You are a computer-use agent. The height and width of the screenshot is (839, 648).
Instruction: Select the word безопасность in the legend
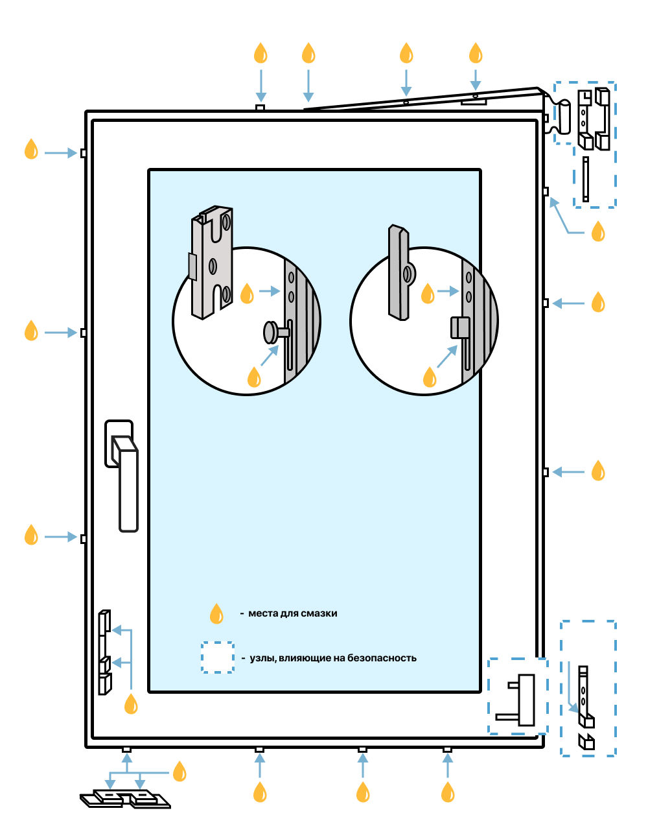click(x=382, y=658)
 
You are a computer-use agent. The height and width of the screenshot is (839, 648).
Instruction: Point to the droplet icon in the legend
click(x=216, y=613)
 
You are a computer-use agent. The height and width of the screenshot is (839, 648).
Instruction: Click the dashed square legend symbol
click(x=217, y=657)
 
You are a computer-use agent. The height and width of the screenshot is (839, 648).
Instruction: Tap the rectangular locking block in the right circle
click(x=459, y=327)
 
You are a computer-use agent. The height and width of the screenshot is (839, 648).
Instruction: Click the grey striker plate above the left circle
click(x=211, y=263)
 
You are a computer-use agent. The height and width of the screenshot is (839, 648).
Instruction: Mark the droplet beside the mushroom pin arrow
click(x=254, y=377)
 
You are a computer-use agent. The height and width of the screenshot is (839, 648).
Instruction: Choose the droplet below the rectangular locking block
click(x=430, y=377)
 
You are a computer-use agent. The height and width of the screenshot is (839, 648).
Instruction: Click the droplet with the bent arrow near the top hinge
click(x=598, y=231)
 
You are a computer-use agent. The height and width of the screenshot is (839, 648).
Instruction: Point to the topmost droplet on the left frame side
click(x=31, y=149)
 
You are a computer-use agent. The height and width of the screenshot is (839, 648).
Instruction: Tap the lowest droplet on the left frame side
click(x=31, y=535)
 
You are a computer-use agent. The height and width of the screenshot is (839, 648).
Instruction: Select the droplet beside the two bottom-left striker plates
click(x=179, y=772)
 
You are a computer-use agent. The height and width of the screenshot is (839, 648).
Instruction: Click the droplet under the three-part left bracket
click(x=131, y=703)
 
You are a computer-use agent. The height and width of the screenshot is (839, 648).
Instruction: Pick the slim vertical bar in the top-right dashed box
click(x=586, y=179)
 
